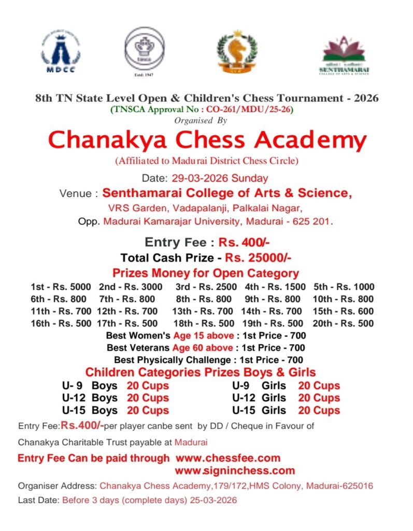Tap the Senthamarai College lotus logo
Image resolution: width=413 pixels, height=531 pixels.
(344, 55)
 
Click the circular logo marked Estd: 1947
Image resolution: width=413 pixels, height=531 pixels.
(144, 50)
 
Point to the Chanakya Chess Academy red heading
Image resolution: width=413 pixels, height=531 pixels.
(207, 140)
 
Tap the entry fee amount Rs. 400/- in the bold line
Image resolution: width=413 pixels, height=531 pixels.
(244, 242)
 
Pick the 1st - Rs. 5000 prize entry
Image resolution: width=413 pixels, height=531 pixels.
(61, 287)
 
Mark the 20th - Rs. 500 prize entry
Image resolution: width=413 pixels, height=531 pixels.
(343, 324)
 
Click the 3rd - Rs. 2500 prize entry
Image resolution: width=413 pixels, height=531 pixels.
(206, 287)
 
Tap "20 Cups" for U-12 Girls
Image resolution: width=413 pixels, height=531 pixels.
(319, 398)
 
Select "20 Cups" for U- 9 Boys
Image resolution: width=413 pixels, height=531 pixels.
(148, 386)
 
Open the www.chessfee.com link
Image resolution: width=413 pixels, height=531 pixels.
(228, 458)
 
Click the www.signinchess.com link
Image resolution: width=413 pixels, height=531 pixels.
(235, 471)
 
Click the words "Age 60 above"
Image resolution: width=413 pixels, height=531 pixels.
(203, 347)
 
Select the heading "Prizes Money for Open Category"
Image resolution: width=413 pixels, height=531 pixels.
(206, 273)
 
